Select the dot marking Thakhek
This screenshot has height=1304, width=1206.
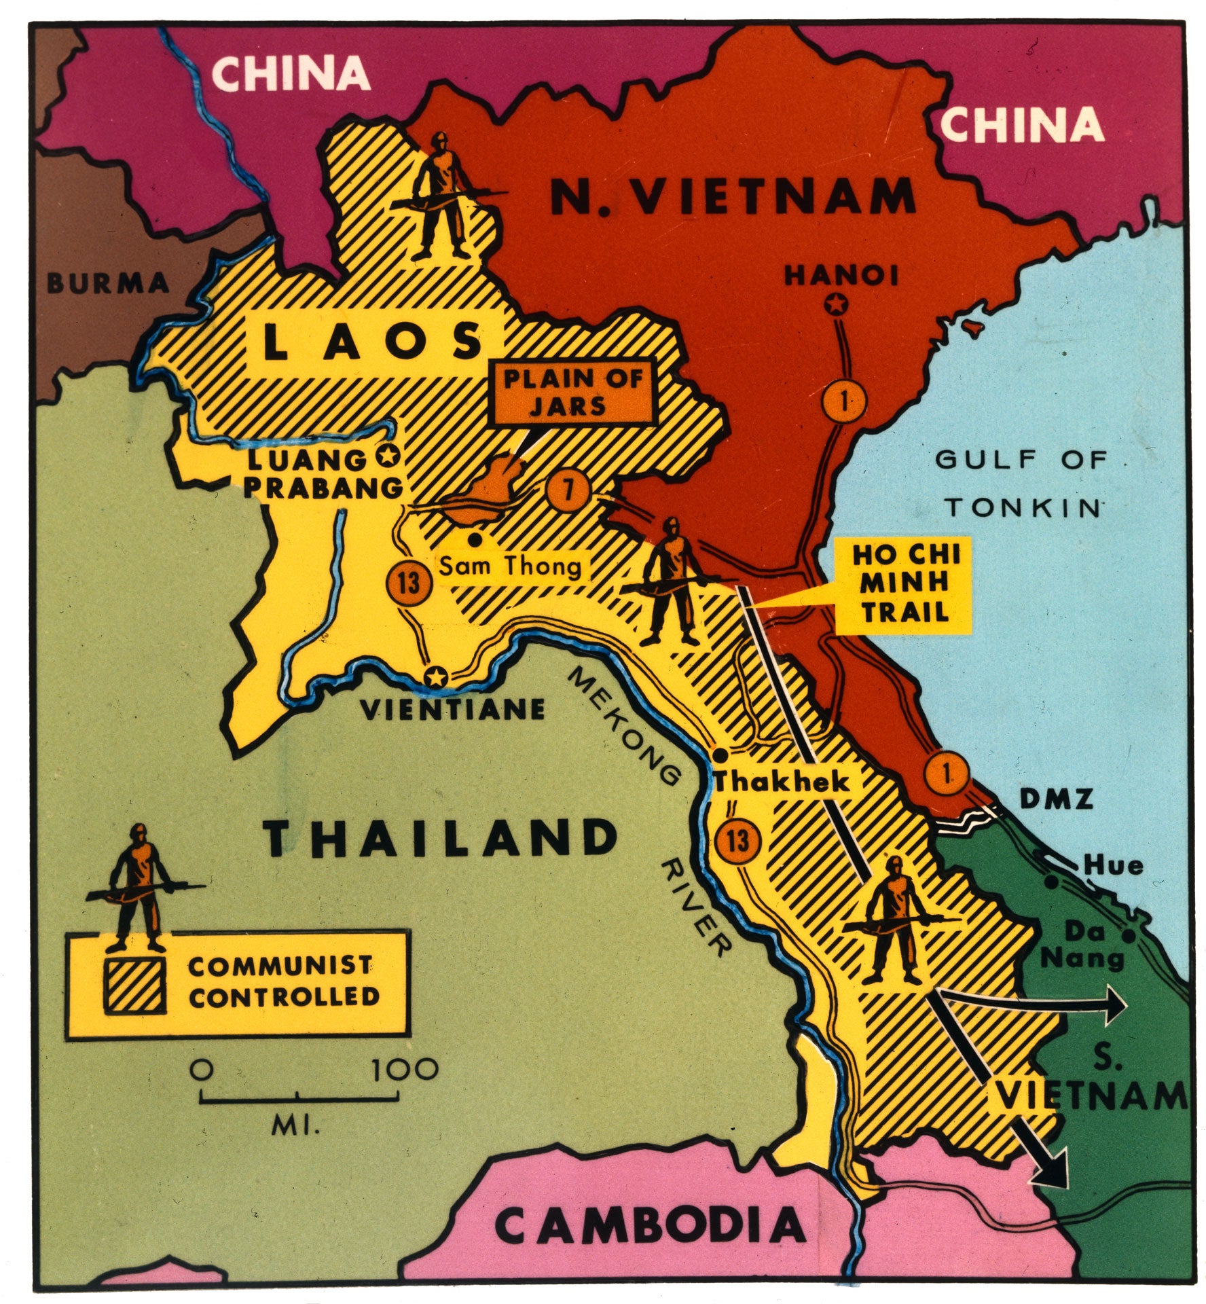pyautogui.click(x=721, y=755)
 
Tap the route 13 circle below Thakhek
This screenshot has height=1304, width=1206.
pyautogui.click(x=738, y=841)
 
